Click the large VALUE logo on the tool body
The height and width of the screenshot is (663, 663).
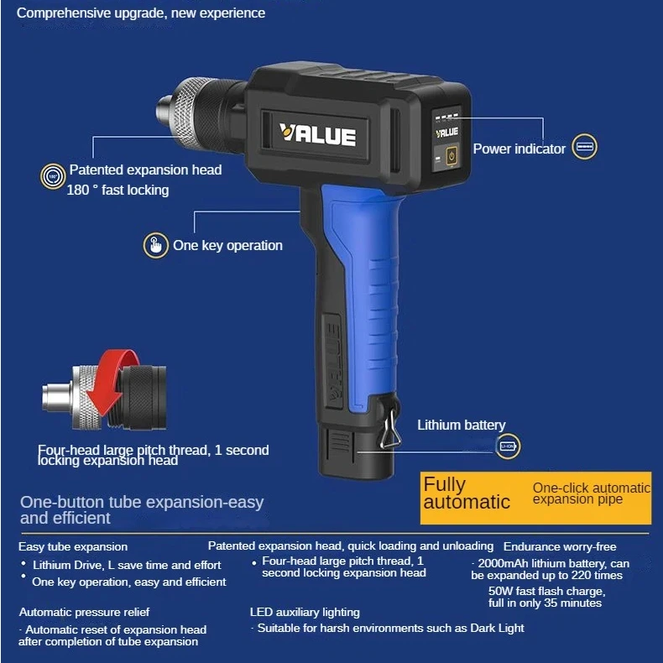point(317,135)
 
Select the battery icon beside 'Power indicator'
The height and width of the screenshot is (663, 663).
point(584,148)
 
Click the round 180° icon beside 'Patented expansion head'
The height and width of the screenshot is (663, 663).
point(52,176)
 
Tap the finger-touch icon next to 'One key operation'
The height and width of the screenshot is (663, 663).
point(154,245)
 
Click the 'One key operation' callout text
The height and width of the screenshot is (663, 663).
point(227,245)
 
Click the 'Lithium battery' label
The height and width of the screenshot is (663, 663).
point(462,425)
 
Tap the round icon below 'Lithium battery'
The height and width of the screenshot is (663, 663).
point(509,446)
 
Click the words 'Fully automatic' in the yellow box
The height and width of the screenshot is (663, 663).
point(467,493)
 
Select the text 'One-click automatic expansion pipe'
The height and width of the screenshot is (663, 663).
point(592,493)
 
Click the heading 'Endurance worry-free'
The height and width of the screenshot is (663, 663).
point(559,546)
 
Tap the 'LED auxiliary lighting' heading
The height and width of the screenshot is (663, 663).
point(305,612)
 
